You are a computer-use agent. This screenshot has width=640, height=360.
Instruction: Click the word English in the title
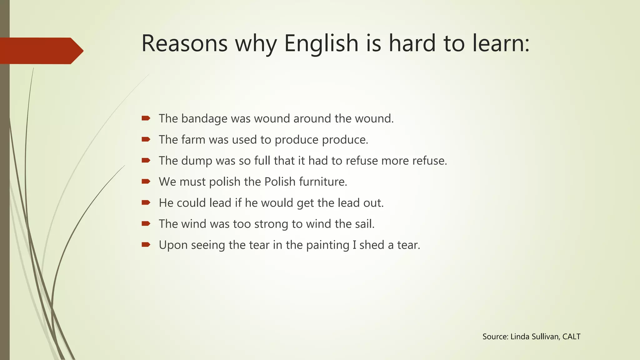pos(321,43)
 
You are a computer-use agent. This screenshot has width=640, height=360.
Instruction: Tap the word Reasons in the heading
pos(184,43)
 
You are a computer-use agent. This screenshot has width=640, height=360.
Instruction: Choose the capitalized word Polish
pos(280,182)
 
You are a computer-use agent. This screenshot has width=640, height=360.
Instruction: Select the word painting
pos(327,245)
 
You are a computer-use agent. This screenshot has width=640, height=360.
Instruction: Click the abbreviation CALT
pos(571,337)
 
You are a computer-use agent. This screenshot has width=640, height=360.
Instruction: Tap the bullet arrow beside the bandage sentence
pos(146,118)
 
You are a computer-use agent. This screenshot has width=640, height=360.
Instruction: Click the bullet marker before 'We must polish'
pos(146,181)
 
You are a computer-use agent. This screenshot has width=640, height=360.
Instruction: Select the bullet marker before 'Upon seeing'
pos(146,244)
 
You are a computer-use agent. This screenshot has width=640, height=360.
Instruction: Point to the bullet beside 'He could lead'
pos(146,202)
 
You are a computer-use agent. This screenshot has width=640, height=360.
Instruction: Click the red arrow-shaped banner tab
pos(41,51)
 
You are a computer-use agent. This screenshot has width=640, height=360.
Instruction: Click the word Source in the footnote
pos(495,337)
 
